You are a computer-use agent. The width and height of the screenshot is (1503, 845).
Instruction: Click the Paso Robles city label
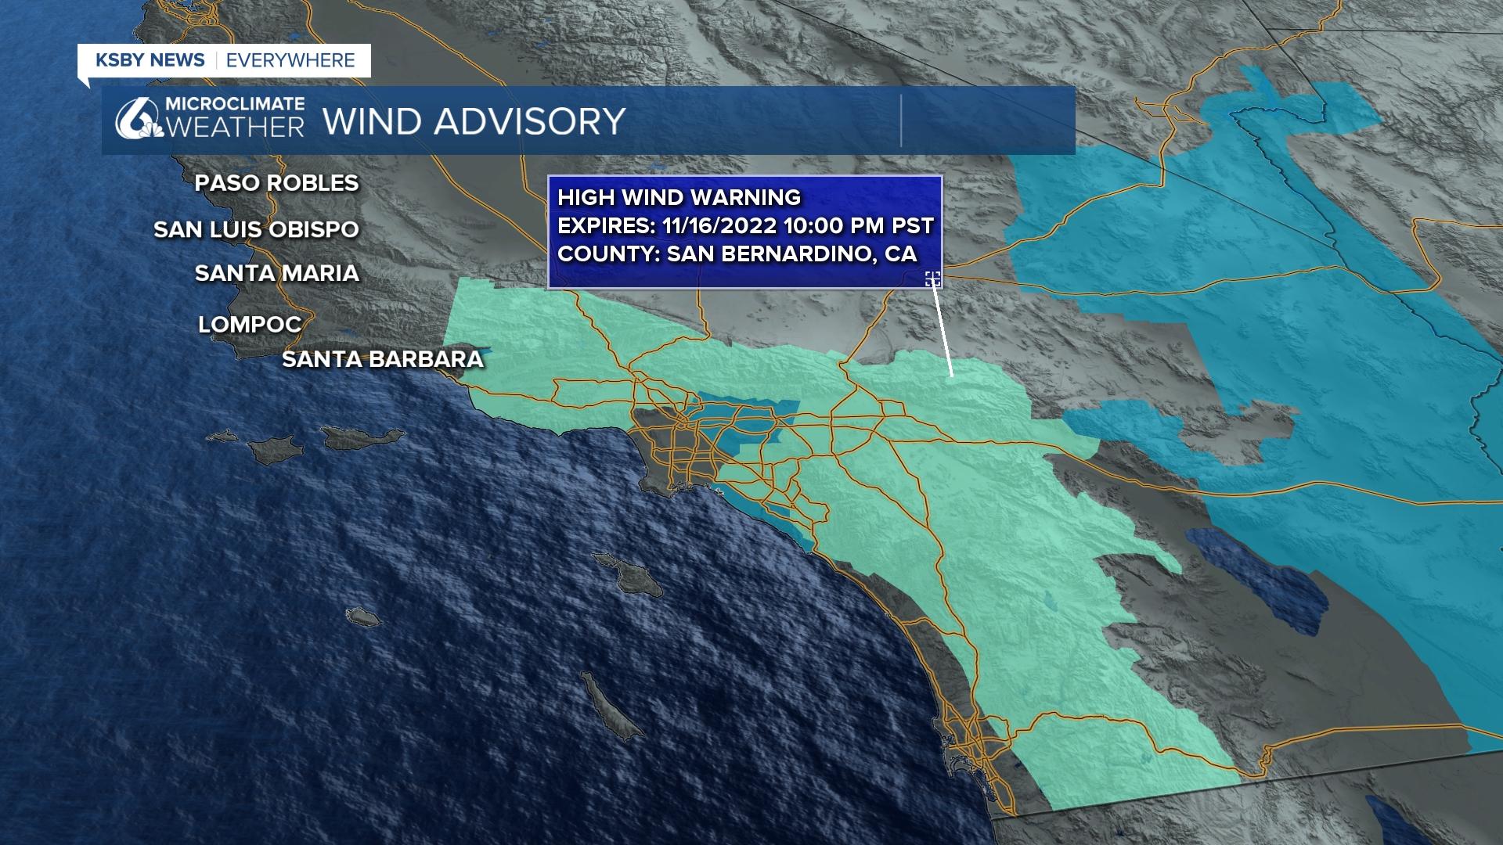(276, 183)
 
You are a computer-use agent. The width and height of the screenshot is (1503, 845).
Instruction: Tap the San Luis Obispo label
(256, 229)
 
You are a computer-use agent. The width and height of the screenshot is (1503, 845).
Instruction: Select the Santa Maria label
(276, 273)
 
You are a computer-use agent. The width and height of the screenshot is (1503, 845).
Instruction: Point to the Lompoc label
(250, 324)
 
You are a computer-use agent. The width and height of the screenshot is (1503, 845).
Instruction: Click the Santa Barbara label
(382, 359)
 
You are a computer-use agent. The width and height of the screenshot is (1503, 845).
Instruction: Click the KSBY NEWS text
(150, 60)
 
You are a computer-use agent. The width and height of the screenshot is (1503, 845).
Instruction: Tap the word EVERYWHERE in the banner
(290, 60)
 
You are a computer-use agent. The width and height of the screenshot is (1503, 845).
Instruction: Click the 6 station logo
(135, 120)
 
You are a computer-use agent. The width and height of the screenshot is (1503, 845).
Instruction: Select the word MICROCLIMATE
(235, 103)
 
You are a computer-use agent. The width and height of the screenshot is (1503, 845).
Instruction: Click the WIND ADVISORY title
(474, 121)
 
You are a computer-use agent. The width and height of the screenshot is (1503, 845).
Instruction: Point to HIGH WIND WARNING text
(679, 197)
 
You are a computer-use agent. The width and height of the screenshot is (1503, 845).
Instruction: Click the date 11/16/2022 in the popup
(719, 226)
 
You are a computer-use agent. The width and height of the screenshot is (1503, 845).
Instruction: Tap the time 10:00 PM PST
(859, 226)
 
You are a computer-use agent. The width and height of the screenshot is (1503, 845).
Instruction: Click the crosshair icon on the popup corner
(932, 279)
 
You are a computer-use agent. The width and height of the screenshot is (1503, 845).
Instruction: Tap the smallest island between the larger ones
(362, 617)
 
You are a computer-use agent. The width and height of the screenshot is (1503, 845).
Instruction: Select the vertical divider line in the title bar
(901, 121)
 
